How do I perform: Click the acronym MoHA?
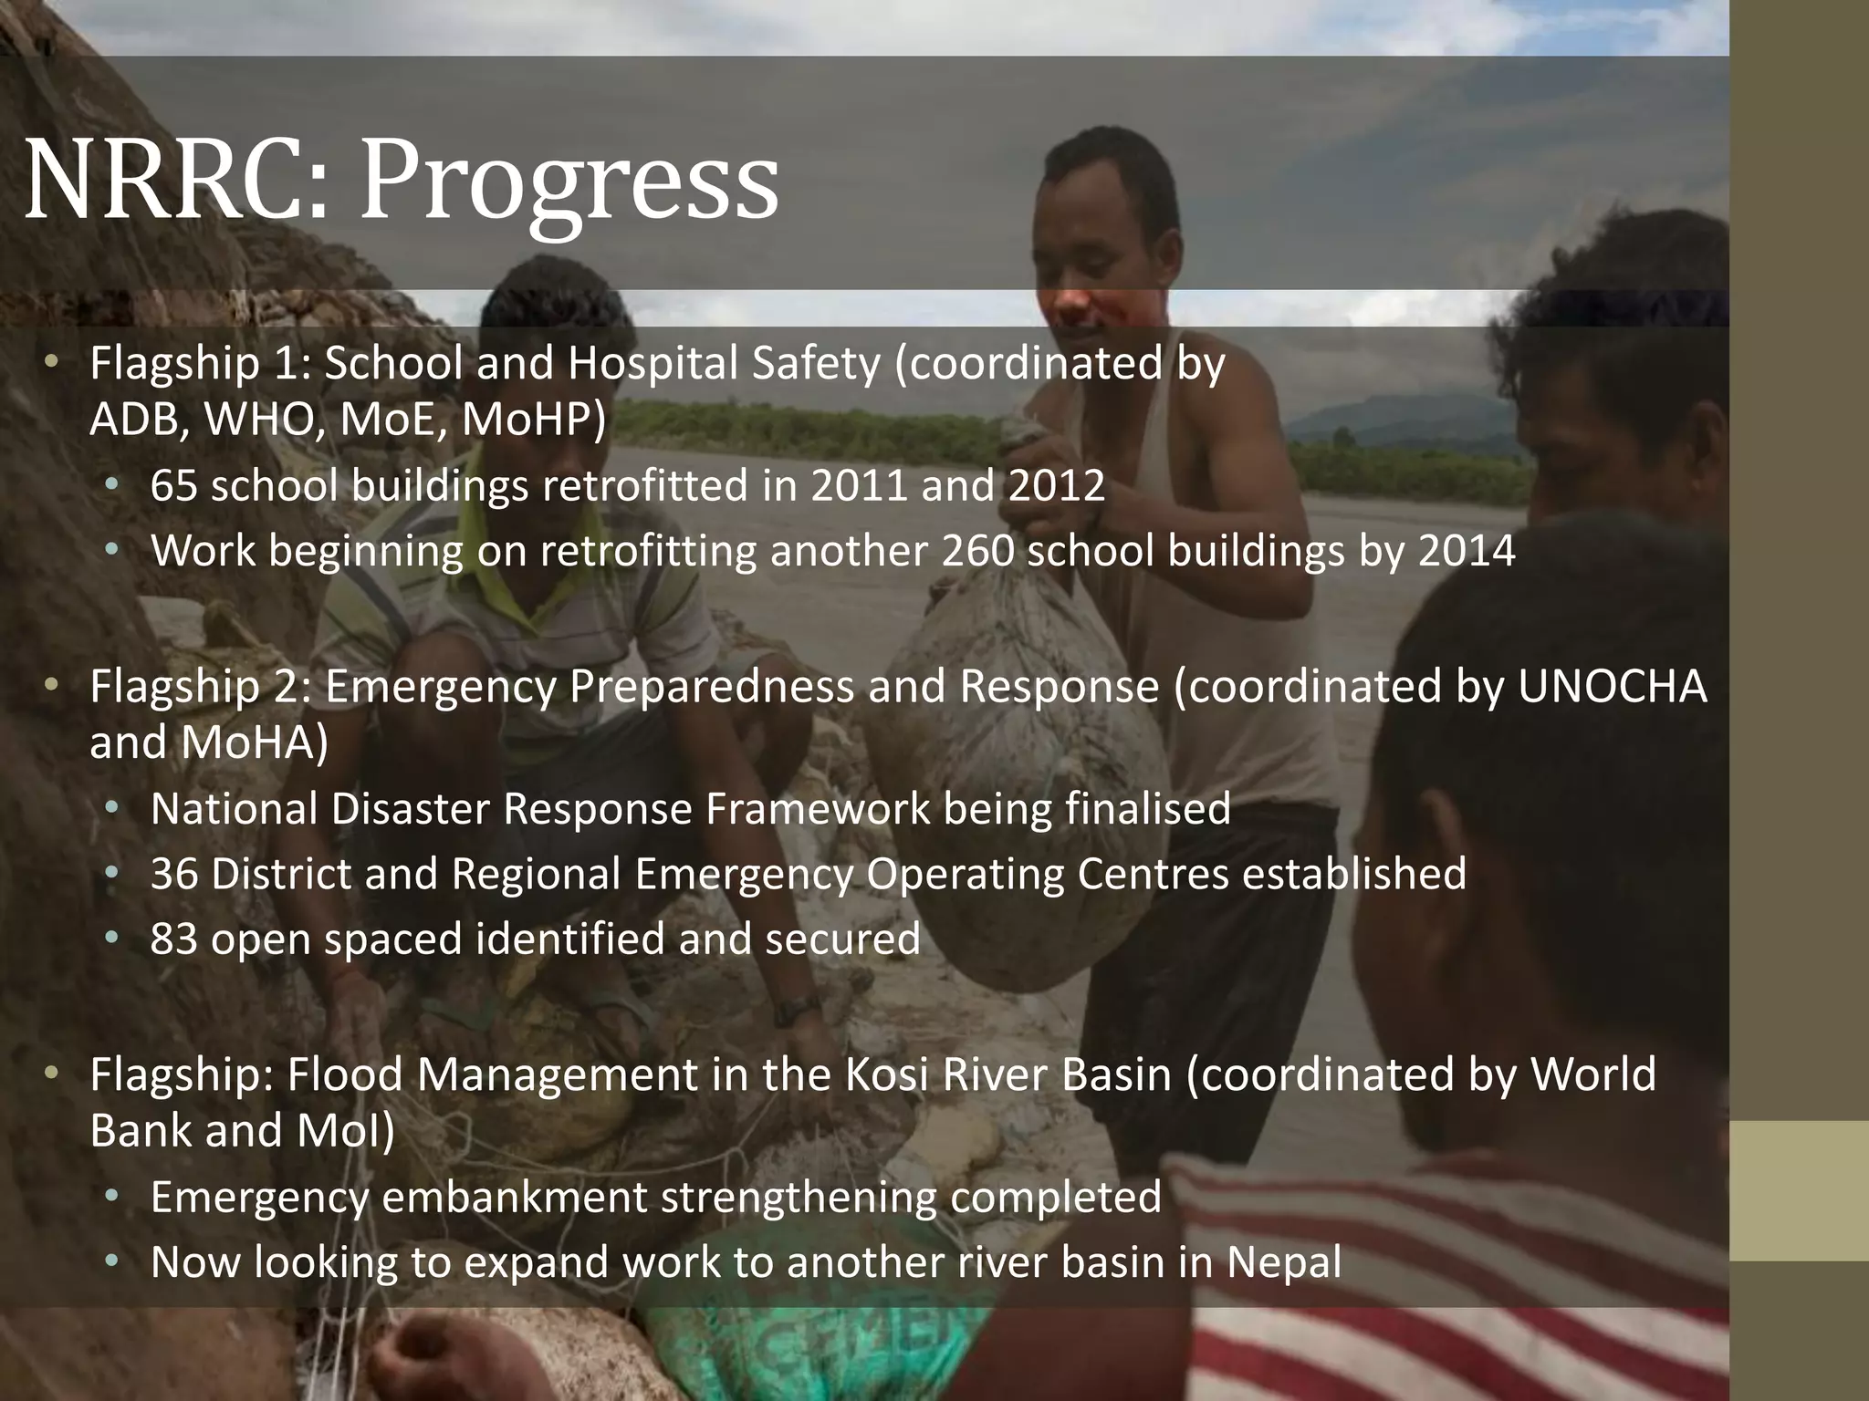pyautogui.click(x=254, y=742)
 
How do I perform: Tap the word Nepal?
pyautogui.click(x=1284, y=1262)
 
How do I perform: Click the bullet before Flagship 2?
pyautogui.click(x=51, y=684)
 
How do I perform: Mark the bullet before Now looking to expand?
pyautogui.click(x=111, y=1261)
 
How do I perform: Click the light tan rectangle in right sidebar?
pyautogui.click(x=1799, y=1191)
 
